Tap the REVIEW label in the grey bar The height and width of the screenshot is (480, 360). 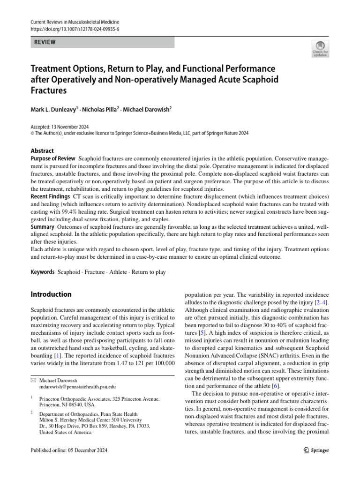click(x=45, y=42)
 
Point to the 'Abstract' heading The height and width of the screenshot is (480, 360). click(x=42, y=151)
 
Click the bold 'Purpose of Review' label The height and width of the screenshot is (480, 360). click(x=52, y=159)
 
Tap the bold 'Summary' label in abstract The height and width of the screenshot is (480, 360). click(x=43, y=227)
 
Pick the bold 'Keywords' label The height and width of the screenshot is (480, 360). click(x=42, y=272)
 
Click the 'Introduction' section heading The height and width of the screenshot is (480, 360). click(x=51, y=294)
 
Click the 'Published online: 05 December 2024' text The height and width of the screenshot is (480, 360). click(x=69, y=450)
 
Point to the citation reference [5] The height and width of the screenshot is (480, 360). click(x=201, y=333)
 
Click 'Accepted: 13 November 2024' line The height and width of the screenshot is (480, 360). click(x=60, y=127)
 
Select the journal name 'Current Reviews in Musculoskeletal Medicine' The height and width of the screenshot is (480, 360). click(x=75, y=22)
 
